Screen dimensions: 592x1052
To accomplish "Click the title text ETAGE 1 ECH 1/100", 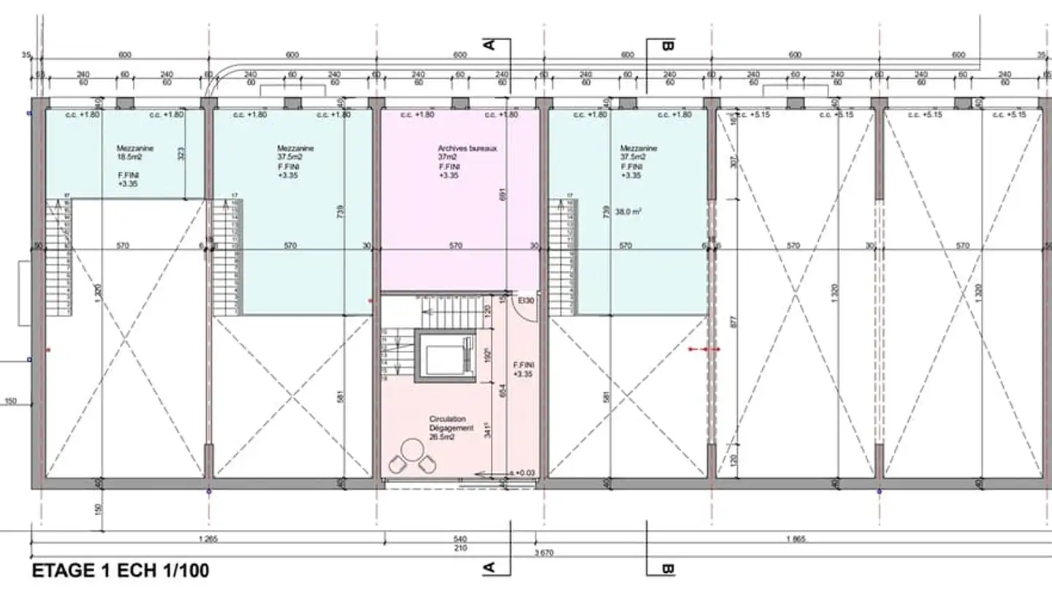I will [x=121, y=571].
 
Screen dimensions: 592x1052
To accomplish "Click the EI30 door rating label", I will [x=526, y=300].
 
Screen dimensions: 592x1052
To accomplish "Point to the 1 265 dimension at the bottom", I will [x=208, y=539].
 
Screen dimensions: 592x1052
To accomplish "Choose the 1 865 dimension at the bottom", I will [x=796, y=539].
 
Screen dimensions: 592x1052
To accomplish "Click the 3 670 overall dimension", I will [x=545, y=553].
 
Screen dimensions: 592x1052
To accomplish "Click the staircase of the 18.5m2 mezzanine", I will [x=58, y=256].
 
